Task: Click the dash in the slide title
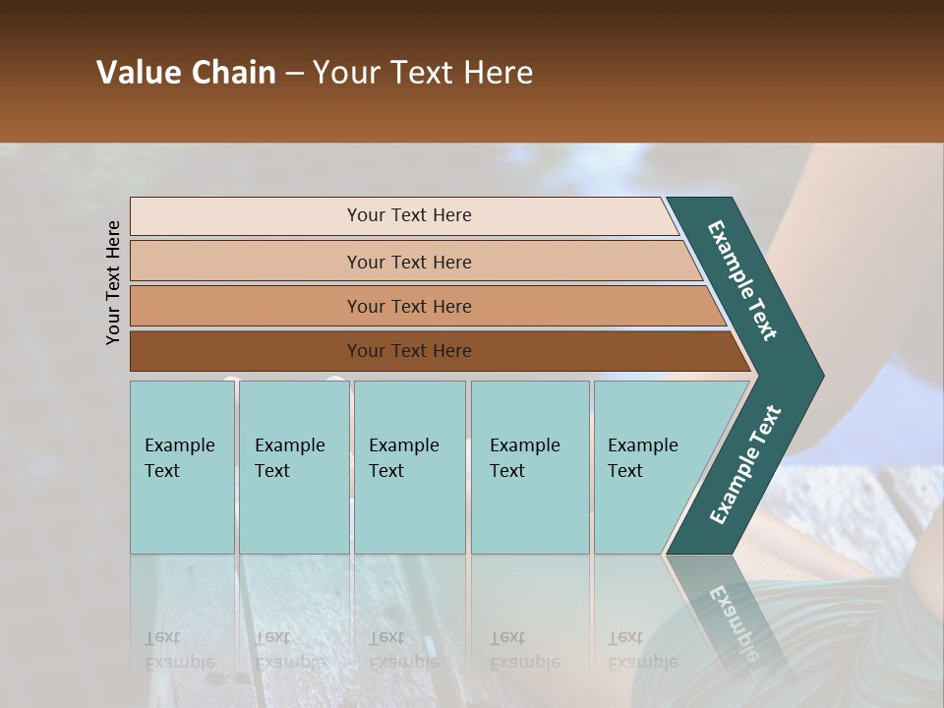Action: click(294, 74)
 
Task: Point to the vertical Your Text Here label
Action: click(113, 282)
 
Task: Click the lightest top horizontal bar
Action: click(409, 215)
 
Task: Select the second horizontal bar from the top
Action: click(409, 262)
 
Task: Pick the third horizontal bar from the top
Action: click(409, 306)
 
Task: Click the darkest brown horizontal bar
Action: click(409, 351)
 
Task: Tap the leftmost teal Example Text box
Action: click(182, 467)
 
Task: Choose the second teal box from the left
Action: click(293, 467)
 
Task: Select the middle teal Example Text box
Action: click(409, 467)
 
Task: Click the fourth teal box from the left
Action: click(529, 467)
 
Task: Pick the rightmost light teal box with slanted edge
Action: click(649, 467)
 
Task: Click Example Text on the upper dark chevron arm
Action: click(742, 280)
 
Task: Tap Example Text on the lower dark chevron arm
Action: click(745, 464)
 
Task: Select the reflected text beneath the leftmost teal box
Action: click(179, 649)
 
